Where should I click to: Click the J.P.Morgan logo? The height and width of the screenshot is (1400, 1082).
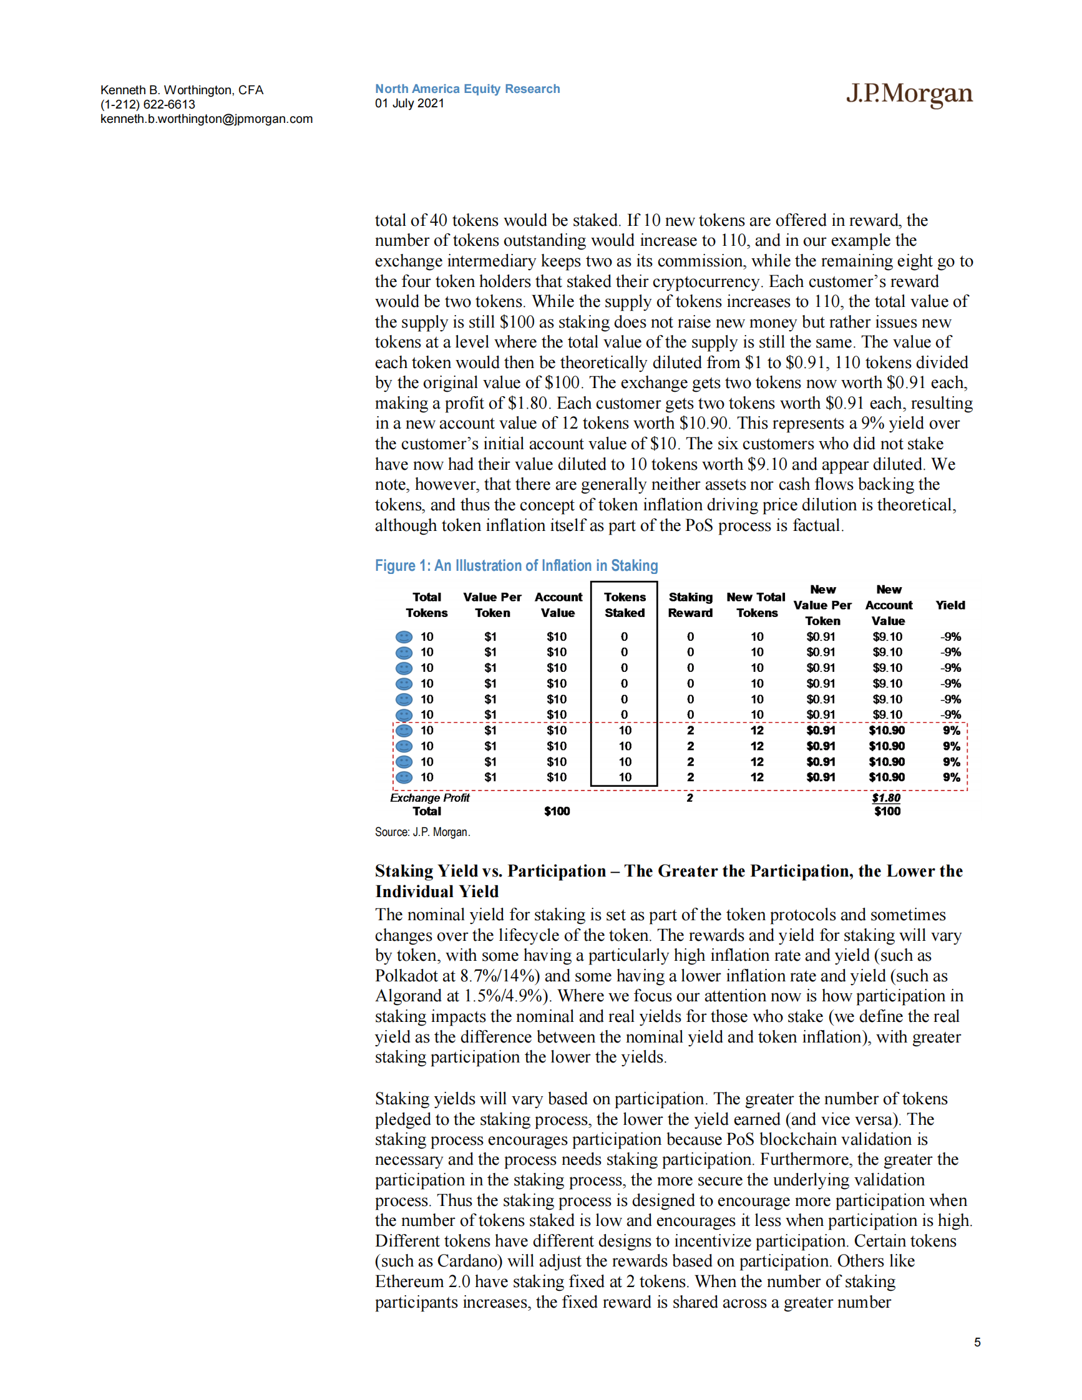click(x=909, y=94)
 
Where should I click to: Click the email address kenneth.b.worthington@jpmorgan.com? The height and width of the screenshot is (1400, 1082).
click(x=207, y=119)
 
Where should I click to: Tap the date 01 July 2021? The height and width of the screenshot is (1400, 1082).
click(x=409, y=103)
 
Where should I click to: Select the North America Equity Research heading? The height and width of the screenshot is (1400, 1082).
click(x=467, y=89)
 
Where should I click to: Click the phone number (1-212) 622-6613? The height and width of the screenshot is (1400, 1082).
click(x=147, y=104)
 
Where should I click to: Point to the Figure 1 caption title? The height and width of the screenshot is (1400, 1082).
click(x=516, y=565)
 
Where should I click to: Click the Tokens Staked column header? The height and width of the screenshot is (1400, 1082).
click(x=625, y=605)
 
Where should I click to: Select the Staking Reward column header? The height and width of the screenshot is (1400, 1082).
click(x=690, y=605)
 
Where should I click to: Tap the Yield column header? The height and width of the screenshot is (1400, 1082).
click(x=950, y=605)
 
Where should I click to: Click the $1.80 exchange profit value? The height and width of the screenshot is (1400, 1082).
click(x=886, y=797)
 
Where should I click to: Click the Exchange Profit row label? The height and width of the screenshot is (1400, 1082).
click(x=429, y=797)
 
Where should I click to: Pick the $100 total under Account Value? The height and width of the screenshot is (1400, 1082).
click(x=557, y=812)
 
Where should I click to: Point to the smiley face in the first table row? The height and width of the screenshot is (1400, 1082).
click(x=404, y=636)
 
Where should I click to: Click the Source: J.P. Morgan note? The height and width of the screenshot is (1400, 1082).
click(x=422, y=832)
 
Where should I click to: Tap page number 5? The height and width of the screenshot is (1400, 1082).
click(x=977, y=1343)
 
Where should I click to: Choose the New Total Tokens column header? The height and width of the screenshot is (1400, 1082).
click(x=756, y=605)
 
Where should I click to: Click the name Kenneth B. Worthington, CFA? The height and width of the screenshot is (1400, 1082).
click(x=182, y=90)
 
